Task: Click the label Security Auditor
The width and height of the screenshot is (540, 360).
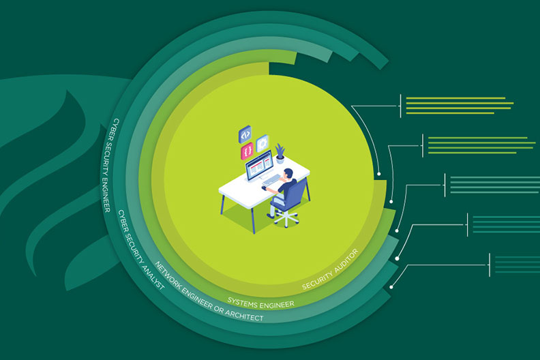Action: click(330, 269)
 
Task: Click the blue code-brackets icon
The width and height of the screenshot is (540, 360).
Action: click(246, 133)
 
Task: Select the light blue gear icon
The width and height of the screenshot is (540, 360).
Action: click(262, 143)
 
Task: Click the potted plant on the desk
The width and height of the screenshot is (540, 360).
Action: click(280, 154)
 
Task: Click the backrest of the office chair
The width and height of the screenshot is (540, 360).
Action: click(297, 194)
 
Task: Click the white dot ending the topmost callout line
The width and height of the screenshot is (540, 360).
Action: click(380, 174)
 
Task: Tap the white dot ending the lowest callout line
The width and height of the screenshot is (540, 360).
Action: click(391, 288)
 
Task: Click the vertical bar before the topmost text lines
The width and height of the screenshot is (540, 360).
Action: click(400, 106)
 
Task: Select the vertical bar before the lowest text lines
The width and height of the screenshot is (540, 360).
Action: click(490, 264)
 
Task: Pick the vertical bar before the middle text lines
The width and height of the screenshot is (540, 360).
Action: click(445, 185)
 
